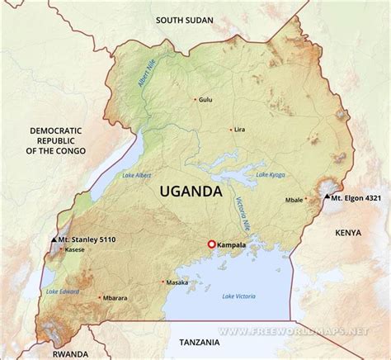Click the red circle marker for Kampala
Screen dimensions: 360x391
[211, 244]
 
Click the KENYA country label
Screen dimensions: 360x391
[348, 234]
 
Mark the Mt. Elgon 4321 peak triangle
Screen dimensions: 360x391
[327, 197]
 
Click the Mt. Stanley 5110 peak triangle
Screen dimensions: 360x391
[54, 239]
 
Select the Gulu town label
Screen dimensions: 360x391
[205, 100]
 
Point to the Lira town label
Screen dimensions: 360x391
[240, 130]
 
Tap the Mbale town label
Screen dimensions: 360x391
[294, 200]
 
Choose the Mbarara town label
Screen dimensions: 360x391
[115, 298]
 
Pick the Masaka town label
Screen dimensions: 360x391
[177, 282]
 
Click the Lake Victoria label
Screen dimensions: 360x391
[240, 296]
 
